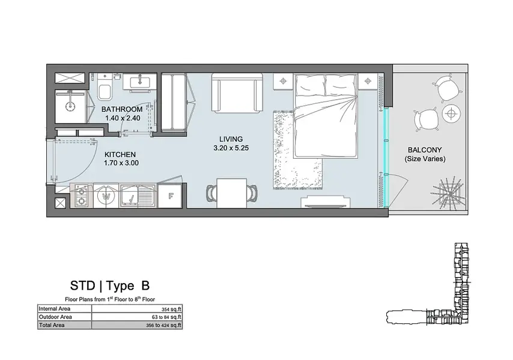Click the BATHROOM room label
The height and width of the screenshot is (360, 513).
pyautogui.click(x=122, y=109)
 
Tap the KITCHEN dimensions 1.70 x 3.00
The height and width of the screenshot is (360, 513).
pyautogui.click(x=121, y=163)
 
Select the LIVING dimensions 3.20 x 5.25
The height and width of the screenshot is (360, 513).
pyautogui.click(x=231, y=148)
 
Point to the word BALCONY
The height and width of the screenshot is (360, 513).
pyautogui.click(x=425, y=150)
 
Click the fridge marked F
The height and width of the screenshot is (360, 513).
pyautogui.click(x=170, y=196)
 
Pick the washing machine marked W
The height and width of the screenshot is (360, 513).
pyautogui.click(x=106, y=196)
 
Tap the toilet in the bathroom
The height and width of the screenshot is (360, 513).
pyautogui.click(x=105, y=88)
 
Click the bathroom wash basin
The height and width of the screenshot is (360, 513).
pyautogui.click(x=140, y=81)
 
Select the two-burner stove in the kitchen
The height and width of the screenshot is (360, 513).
pyautogui.click(x=82, y=196)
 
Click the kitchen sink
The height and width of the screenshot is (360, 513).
pyautogui.click(x=139, y=196)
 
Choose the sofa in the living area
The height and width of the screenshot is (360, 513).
pyautogui.click(x=237, y=93)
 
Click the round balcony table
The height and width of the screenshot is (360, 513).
pyautogui.click(x=452, y=114)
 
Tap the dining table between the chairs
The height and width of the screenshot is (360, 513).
pyautogui.click(x=232, y=193)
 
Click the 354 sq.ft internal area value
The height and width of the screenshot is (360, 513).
pyautogui.click(x=171, y=309)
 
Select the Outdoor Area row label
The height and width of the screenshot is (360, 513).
pyautogui.click(x=55, y=317)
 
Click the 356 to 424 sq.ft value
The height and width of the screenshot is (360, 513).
pyautogui.click(x=163, y=325)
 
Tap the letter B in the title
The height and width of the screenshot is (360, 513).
pyautogui.click(x=145, y=285)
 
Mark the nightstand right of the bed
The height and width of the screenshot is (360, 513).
pyautogui.click(x=368, y=81)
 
